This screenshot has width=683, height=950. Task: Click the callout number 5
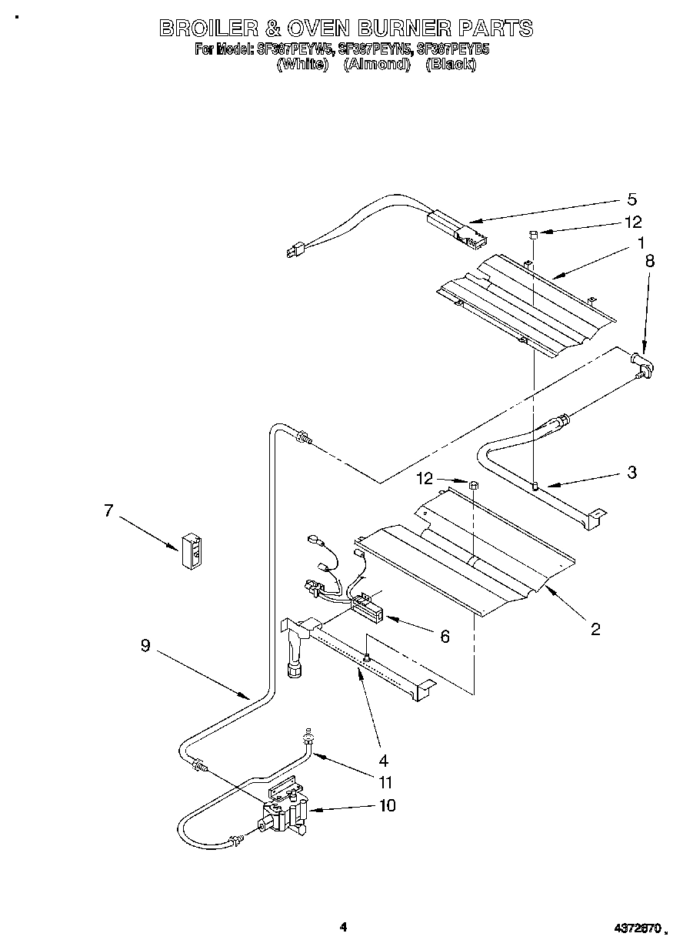tap(631, 200)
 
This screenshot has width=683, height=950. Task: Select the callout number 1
tap(640, 243)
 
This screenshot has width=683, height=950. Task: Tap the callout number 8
tap(650, 261)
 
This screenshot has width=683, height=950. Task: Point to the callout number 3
tap(632, 473)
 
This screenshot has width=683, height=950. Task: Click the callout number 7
tap(108, 510)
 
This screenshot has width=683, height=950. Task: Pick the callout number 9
tap(145, 647)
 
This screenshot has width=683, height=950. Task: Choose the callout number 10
tap(387, 805)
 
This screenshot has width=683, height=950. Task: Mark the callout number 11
tap(385, 782)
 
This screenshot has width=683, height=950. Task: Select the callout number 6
tap(445, 636)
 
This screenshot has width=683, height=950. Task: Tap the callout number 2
tap(595, 629)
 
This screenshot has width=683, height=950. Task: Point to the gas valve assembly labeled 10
tap(282, 812)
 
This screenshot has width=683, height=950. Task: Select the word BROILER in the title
tap(205, 28)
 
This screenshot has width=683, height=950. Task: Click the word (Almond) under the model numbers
tap(376, 65)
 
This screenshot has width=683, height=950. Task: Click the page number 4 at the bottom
tap(343, 927)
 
